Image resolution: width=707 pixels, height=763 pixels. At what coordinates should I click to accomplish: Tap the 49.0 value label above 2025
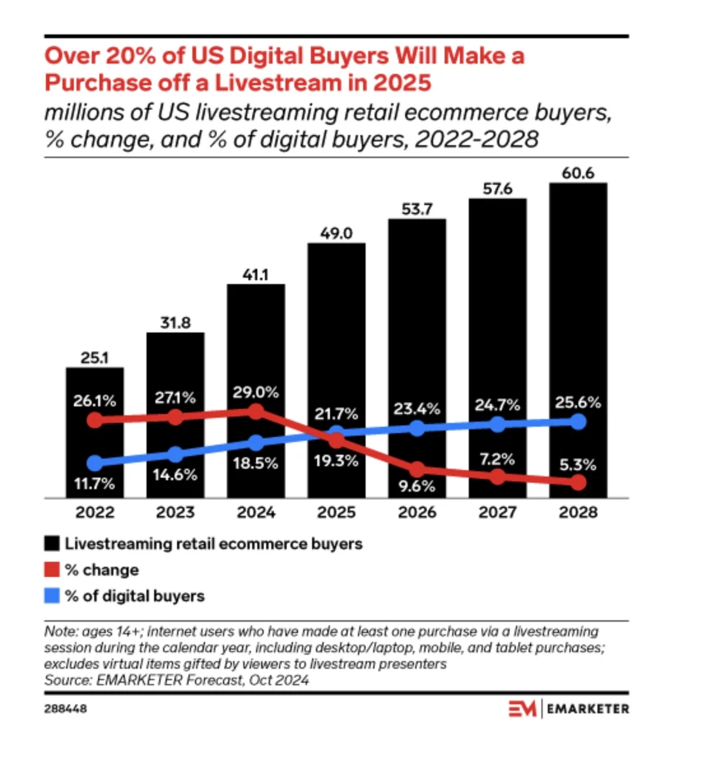tap(336, 234)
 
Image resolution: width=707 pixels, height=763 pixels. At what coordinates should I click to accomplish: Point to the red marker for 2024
tap(256, 411)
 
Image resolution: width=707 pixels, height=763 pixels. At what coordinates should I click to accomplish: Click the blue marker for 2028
tap(578, 422)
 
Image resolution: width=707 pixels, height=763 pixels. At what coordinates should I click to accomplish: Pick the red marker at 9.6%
tap(417, 470)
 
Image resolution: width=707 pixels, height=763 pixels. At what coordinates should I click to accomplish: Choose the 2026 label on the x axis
tap(417, 512)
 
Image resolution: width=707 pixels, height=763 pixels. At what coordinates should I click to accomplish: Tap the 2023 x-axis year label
tap(175, 512)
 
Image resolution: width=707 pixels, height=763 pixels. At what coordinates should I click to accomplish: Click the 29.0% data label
tap(255, 392)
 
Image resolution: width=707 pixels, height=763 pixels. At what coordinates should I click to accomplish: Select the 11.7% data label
tap(94, 483)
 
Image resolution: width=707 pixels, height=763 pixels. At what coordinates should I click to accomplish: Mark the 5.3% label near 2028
tap(578, 465)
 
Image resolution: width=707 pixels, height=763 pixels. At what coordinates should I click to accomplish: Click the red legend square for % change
tap(52, 569)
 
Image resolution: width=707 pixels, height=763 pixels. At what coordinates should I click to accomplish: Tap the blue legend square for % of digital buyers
tap(52, 595)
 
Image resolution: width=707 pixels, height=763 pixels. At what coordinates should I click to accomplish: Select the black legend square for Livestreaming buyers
tap(52, 543)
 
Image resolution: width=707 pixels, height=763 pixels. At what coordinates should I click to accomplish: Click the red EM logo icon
tap(522, 708)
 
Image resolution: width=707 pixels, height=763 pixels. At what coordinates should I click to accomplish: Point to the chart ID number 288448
tap(66, 708)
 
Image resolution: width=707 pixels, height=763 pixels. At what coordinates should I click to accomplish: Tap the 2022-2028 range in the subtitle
tap(476, 139)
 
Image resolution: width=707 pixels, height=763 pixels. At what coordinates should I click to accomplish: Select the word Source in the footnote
tap(67, 680)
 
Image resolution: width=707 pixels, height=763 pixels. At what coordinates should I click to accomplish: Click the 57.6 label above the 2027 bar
tap(497, 189)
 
